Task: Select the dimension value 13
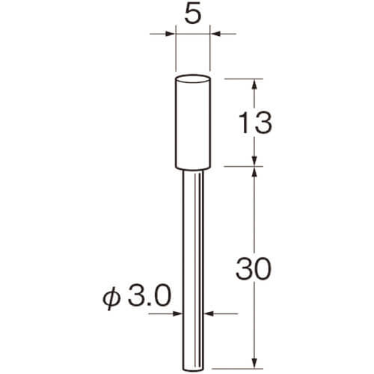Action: tap(255, 123)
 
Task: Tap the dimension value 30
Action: tap(253, 269)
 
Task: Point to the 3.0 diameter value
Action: tap(150, 296)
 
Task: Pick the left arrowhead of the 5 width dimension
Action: tap(171, 34)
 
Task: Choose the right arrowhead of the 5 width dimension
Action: tap(215, 34)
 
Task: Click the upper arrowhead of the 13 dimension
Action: tap(254, 84)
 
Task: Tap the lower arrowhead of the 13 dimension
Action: tap(254, 161)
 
